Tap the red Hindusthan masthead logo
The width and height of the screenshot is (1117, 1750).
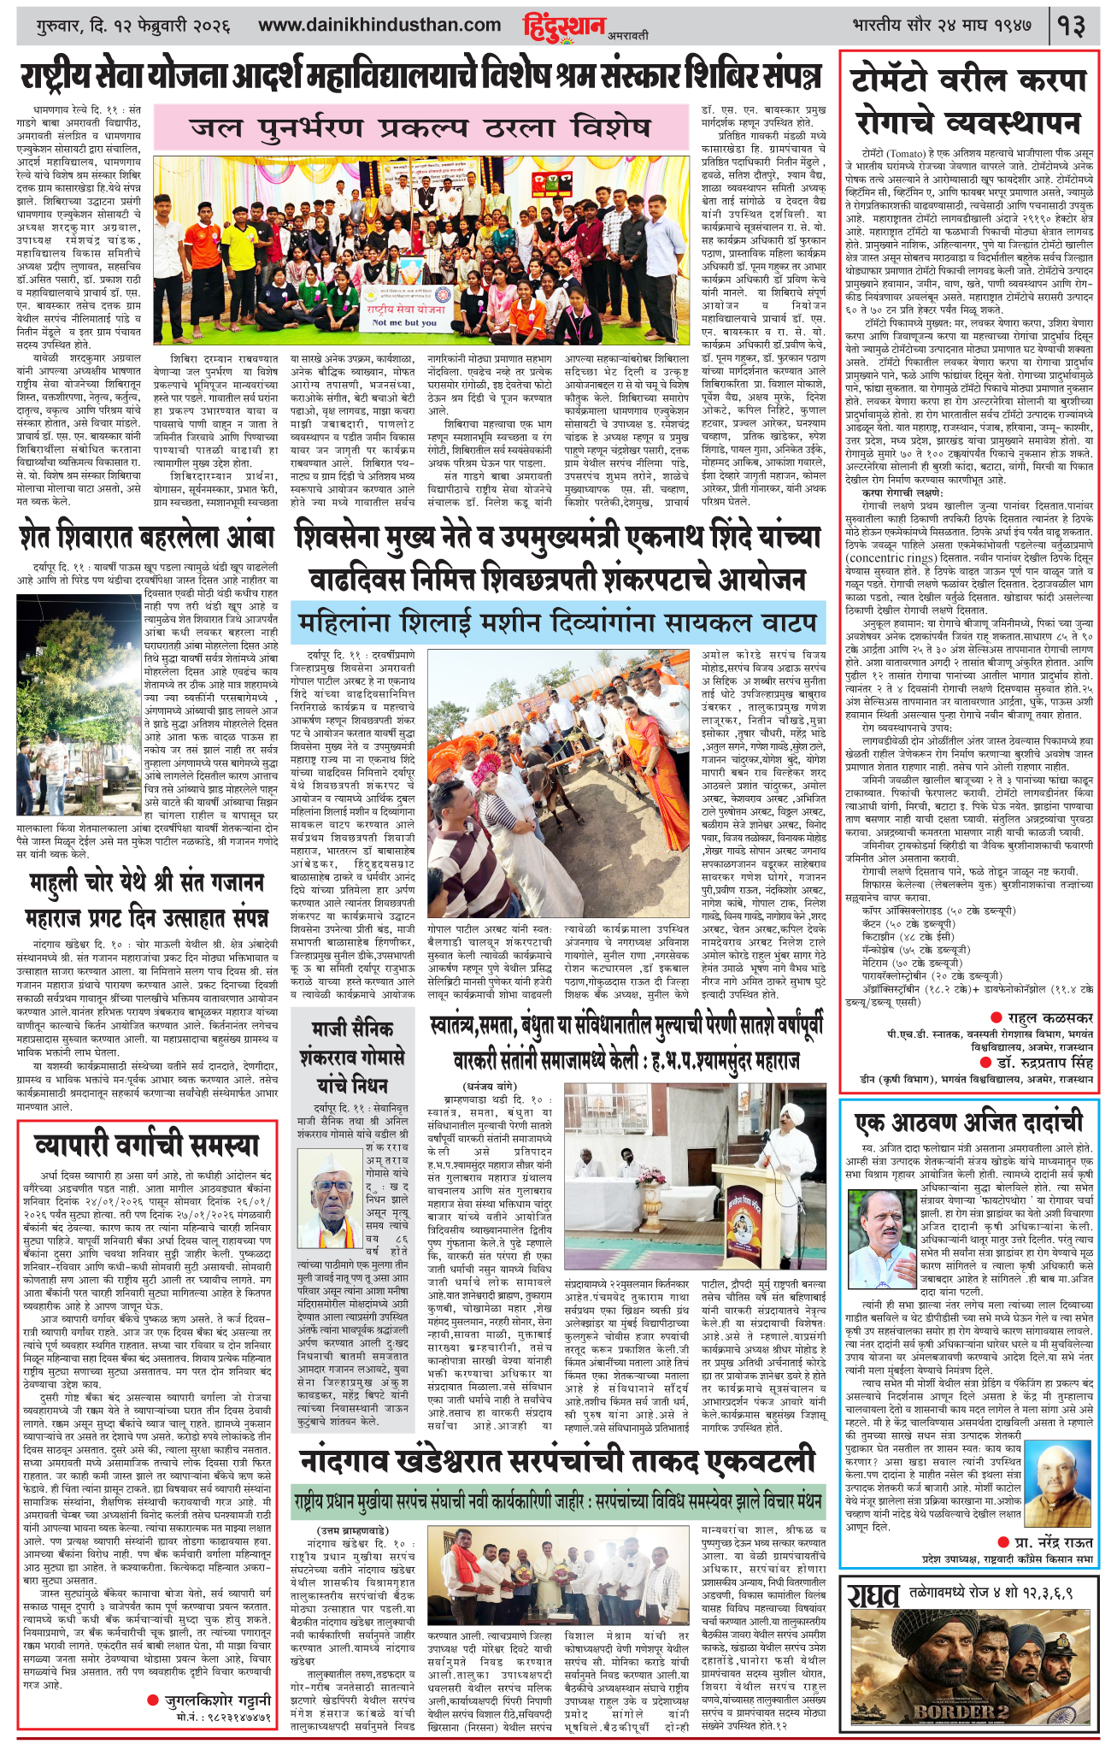pyautogui.click(x=564, y=27)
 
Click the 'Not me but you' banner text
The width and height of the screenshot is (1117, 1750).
pyautogui.click(x=405, y=322)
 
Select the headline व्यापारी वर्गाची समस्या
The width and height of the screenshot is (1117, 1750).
pyautogui.click(x=146, y=1144)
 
